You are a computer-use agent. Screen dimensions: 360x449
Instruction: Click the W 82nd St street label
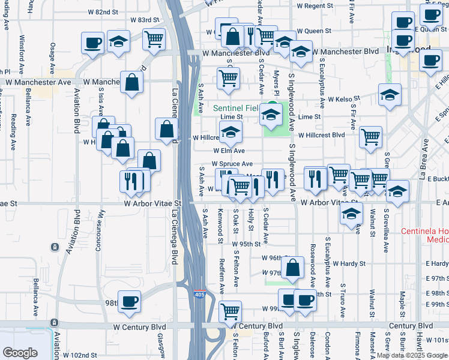[x=103, y=11]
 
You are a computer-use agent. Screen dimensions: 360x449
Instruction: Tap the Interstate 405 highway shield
[x=199, y=295]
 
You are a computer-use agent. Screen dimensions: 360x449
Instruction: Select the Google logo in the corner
[x=20, y=353]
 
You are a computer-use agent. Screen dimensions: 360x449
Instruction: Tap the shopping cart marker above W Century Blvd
[x=230, y=311]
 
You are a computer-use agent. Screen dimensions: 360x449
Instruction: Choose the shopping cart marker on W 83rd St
[x=154, y=39]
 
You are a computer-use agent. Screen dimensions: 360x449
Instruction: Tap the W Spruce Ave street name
[x=233, y=164]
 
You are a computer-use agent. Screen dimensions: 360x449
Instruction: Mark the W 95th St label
[x=246, y=244]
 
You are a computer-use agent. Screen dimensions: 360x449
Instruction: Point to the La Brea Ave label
[x=424, y=160]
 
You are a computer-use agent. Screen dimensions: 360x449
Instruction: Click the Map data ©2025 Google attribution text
[x=412, y=355]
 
